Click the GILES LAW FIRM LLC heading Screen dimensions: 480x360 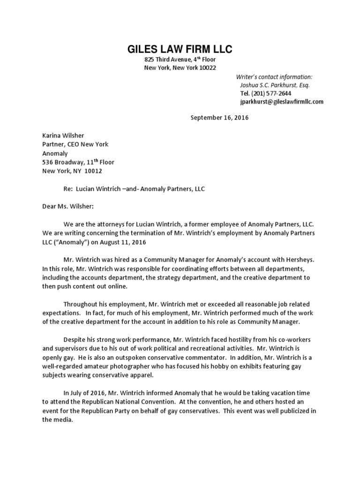(180, 49)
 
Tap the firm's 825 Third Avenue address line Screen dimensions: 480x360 (180, 60)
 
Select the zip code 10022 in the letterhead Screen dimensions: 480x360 (206, 68)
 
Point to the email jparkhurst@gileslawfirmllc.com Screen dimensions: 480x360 (281, 101)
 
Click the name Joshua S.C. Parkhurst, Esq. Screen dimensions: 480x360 (275, 85)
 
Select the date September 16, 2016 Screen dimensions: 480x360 (219, 118)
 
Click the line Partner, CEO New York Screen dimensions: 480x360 (75, 144)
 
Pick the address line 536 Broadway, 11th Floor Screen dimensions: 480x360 (78, 162)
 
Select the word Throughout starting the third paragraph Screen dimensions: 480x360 (82, 305)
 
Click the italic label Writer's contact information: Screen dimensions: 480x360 (274, 77)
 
